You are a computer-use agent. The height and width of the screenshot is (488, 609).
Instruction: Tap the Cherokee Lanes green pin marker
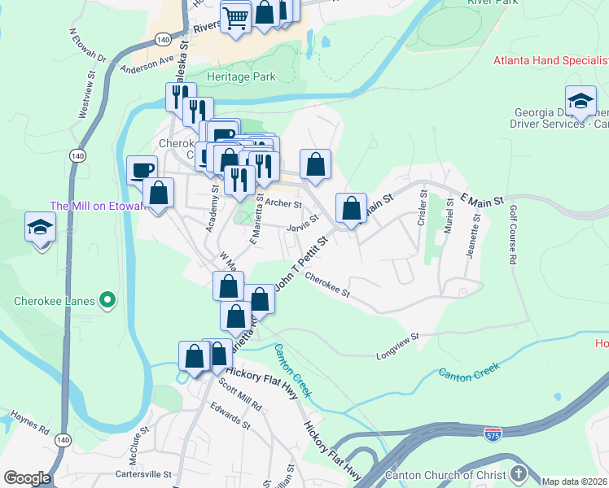tap(107, 301)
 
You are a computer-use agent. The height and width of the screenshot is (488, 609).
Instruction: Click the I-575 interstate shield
tap(493, 434)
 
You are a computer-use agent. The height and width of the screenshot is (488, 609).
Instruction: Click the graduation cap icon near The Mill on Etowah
tap(40, 228)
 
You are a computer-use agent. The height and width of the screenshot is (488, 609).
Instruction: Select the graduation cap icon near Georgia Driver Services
tap(580, 101)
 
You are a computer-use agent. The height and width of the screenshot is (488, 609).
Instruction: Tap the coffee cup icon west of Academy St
tap(142, 170)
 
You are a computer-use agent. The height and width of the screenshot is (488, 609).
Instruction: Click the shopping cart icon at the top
tap(235, 17)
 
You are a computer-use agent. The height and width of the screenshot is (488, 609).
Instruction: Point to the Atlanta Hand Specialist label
tap(550, 61)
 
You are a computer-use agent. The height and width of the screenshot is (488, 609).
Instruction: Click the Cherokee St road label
tap(327, 285)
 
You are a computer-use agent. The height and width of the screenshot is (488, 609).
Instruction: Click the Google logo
tap(27, 478)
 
